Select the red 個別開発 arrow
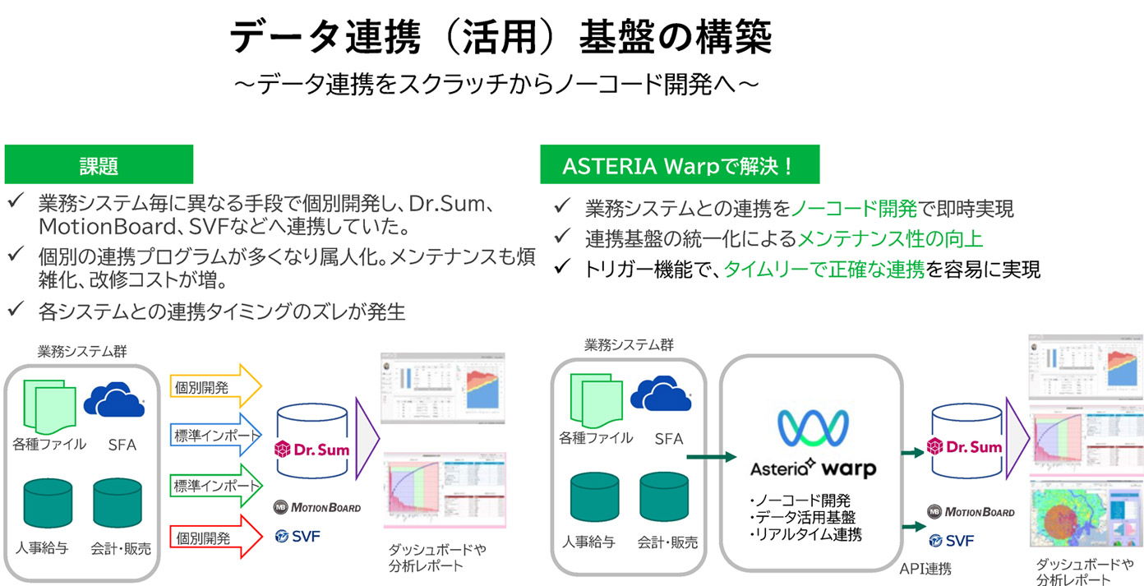(216, 538)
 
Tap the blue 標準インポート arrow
(216, 436)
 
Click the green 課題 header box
(99, 165)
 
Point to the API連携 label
(925, 568)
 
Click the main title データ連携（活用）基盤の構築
(501, 37)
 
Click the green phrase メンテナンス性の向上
(890, 238)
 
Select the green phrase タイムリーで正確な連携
(823, 269)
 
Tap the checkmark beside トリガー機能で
(562, 269)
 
